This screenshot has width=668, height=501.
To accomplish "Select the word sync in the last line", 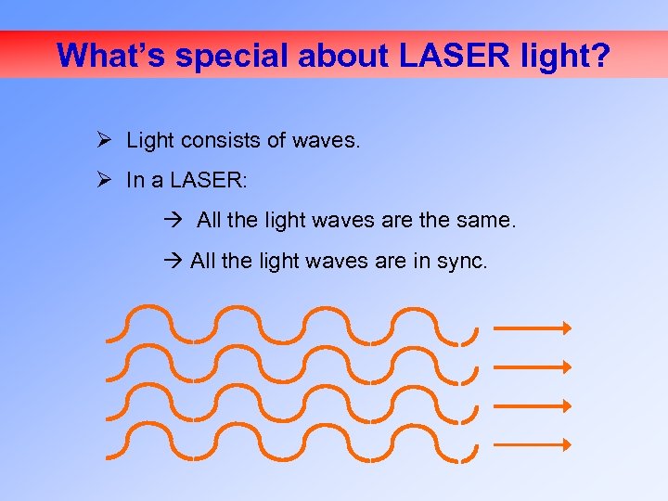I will click(460, 262).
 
